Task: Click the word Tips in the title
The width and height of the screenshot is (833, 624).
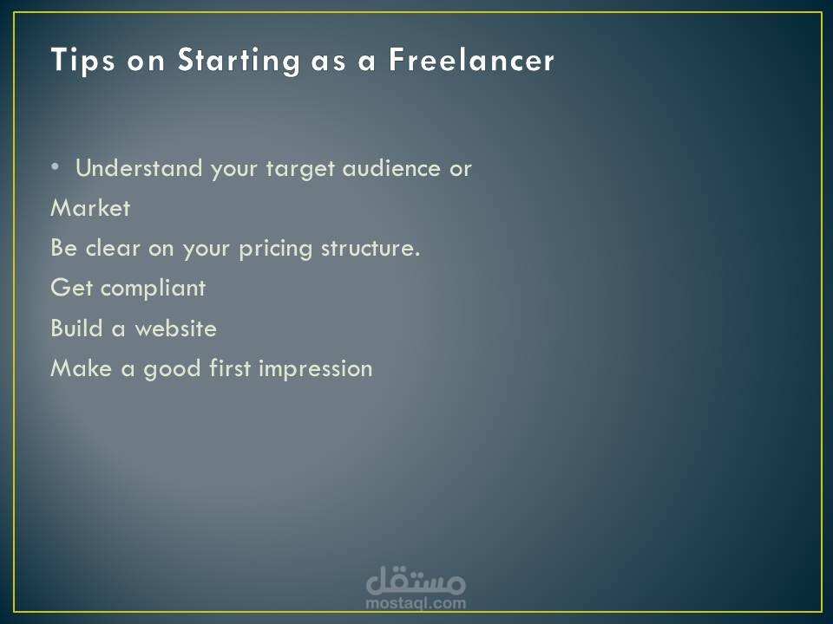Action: (x=82, y=59)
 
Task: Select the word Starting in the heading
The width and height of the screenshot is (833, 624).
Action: (x=239, y=61)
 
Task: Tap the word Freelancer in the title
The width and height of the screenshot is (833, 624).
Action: (x=472, y=60)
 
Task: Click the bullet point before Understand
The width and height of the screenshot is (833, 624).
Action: (x=56, y=167)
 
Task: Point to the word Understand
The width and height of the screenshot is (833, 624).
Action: (x=139, y=168)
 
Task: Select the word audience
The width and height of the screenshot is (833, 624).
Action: (x=391, y=168)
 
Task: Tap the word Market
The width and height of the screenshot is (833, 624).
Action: (x=90, y=208)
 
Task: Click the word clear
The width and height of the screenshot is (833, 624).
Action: (x=113, y=248)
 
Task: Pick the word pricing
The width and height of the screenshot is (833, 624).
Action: (x=275, y=249)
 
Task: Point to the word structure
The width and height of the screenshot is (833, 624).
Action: (x=371, y=249)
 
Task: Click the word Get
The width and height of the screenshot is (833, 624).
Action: (x=72, y=288)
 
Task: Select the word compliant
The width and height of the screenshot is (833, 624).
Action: (x=153, y=288)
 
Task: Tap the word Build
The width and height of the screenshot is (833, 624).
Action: (x=76, y=328)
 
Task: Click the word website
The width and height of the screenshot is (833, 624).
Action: (x=176, y=328)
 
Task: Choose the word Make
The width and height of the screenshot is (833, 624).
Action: (x=82, y=368)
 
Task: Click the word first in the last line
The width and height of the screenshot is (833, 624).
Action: (x=229, y=368)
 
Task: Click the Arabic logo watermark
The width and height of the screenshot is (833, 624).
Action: (x=416, y=580)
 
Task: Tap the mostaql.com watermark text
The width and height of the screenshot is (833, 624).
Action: (x=416, y=603)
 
